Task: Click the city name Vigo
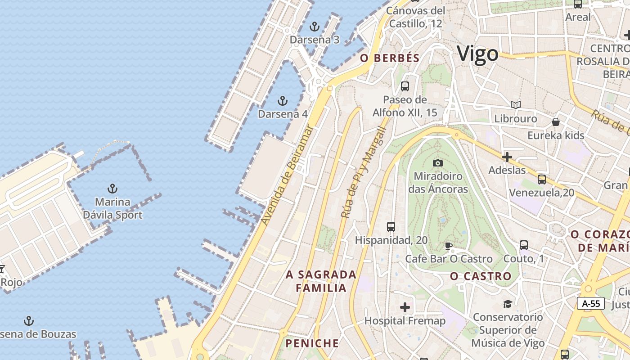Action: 477,54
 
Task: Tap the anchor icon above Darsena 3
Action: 314,26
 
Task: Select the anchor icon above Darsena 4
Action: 283,100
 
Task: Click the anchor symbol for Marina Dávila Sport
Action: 112,189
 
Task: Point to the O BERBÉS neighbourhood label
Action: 390,58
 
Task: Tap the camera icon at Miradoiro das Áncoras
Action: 437,162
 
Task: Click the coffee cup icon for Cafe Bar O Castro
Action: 448,246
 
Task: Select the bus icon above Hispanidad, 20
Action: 391,227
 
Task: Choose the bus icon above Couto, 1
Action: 523,245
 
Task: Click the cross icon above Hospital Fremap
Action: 405,307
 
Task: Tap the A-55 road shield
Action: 591,303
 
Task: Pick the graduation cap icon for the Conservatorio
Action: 508,304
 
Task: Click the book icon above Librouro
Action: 515,105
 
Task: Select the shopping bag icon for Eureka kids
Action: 556,122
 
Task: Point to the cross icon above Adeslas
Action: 507,157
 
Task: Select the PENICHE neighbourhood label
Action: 312,343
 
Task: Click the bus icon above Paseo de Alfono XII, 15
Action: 405,86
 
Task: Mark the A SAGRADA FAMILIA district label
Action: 321,281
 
